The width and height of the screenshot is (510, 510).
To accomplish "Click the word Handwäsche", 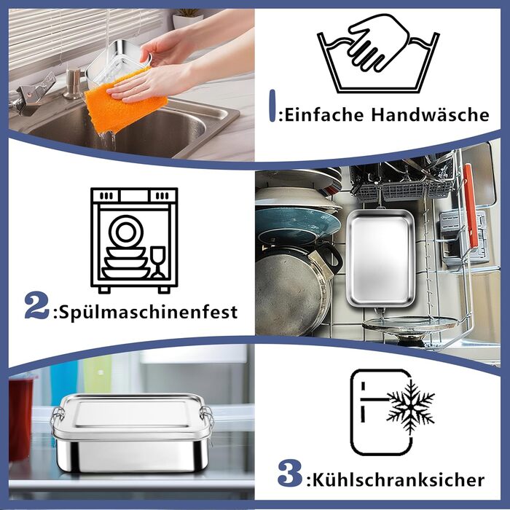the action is (x=431, y=114).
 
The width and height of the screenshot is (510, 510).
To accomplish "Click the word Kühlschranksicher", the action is (x=399, y=479).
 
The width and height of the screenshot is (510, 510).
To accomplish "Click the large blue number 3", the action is (x=290, y=473).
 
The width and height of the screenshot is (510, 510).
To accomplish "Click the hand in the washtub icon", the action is (x=378, y=42).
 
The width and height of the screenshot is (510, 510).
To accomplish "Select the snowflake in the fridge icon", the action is (x=410, y=407).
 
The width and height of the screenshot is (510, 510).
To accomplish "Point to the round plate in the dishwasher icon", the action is (x=126, y=231).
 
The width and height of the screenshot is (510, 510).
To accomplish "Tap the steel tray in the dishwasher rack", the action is (x=380, y=259).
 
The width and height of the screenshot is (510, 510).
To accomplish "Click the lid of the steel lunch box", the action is (x=133, y=416).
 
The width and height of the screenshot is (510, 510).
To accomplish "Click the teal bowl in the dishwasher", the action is (x=295, y=224).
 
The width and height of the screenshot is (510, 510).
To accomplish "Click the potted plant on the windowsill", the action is (x=188, y=18).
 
